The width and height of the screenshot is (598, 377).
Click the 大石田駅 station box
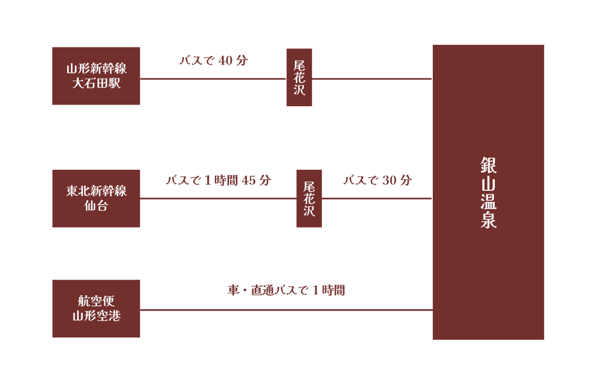(96, 76)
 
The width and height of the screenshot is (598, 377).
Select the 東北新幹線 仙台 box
(96, 198)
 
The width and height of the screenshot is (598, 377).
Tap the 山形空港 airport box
(96, 309)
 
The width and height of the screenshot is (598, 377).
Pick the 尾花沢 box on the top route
(299, 78)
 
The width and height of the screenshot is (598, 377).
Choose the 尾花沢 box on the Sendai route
(309, 198)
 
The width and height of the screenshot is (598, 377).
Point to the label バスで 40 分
(214, 61)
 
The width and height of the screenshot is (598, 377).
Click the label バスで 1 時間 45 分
(218, 180)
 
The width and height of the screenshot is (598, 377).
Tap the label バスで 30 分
(377, 180)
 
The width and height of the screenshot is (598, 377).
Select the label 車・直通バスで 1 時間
(286, 290)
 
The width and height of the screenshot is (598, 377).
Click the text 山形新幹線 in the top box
(96, 69)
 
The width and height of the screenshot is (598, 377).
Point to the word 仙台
(96, 206)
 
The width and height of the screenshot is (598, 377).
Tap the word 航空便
(96, 301)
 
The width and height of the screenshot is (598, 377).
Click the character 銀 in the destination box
(488, 165)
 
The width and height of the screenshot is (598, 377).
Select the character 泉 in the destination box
(488, 220)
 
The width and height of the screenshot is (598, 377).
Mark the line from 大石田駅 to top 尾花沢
(213, 79)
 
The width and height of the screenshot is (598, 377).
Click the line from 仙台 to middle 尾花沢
(218, 198)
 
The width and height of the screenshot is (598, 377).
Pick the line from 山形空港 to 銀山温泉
(286, 310)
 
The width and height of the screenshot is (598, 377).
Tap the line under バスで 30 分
(377, 198)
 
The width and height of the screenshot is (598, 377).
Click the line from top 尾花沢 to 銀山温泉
(372, 79)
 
